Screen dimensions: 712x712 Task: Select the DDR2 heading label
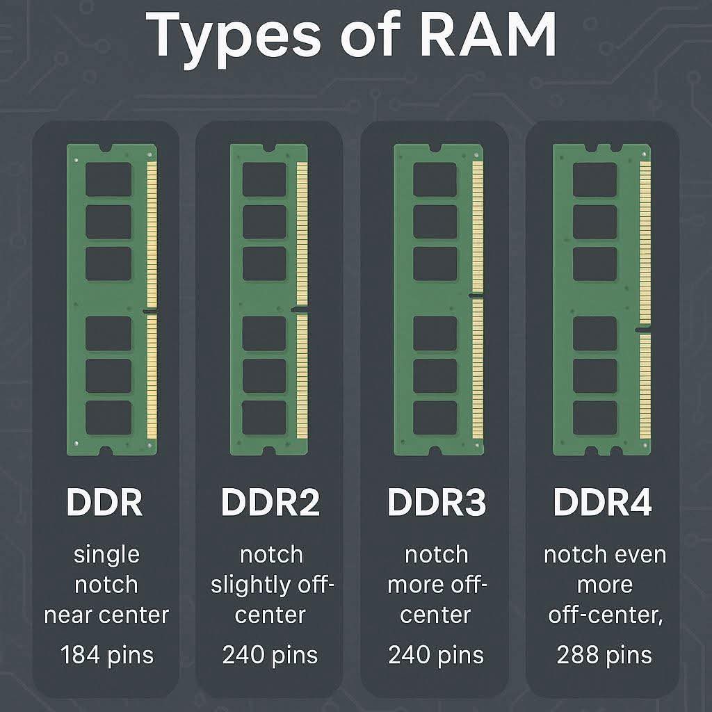(270, 502)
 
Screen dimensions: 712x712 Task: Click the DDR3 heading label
(435, 502)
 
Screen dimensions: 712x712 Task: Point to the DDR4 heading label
(602, 502)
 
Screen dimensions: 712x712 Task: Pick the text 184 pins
(106, 654)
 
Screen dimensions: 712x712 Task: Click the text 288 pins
(604, 654)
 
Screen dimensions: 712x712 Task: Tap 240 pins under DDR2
(270, 654)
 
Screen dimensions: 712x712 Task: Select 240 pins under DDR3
(436, 654)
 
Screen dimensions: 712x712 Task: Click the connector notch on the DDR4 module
(643, 330)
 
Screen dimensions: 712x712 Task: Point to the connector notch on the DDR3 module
(476, 296)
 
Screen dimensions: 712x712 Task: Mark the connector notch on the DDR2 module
(298, 309)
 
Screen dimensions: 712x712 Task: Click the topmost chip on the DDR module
(108, 179)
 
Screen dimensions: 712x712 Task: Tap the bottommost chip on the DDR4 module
(594, 417)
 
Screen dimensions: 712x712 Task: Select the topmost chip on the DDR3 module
(435, 179)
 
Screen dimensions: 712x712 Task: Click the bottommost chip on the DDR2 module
(264, 417)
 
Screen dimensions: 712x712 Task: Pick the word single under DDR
(106, 555)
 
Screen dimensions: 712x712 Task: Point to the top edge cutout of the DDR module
(106, 148)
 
